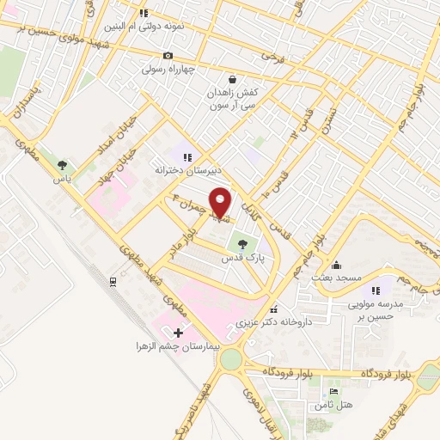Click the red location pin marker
coord(220,202)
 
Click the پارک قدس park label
coord(241,258)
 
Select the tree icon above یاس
coord(62,163)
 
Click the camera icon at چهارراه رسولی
coord(168,56)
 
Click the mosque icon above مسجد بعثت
coord(336,265)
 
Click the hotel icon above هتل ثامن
coord(334,392)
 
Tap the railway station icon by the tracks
coord(113,281)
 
